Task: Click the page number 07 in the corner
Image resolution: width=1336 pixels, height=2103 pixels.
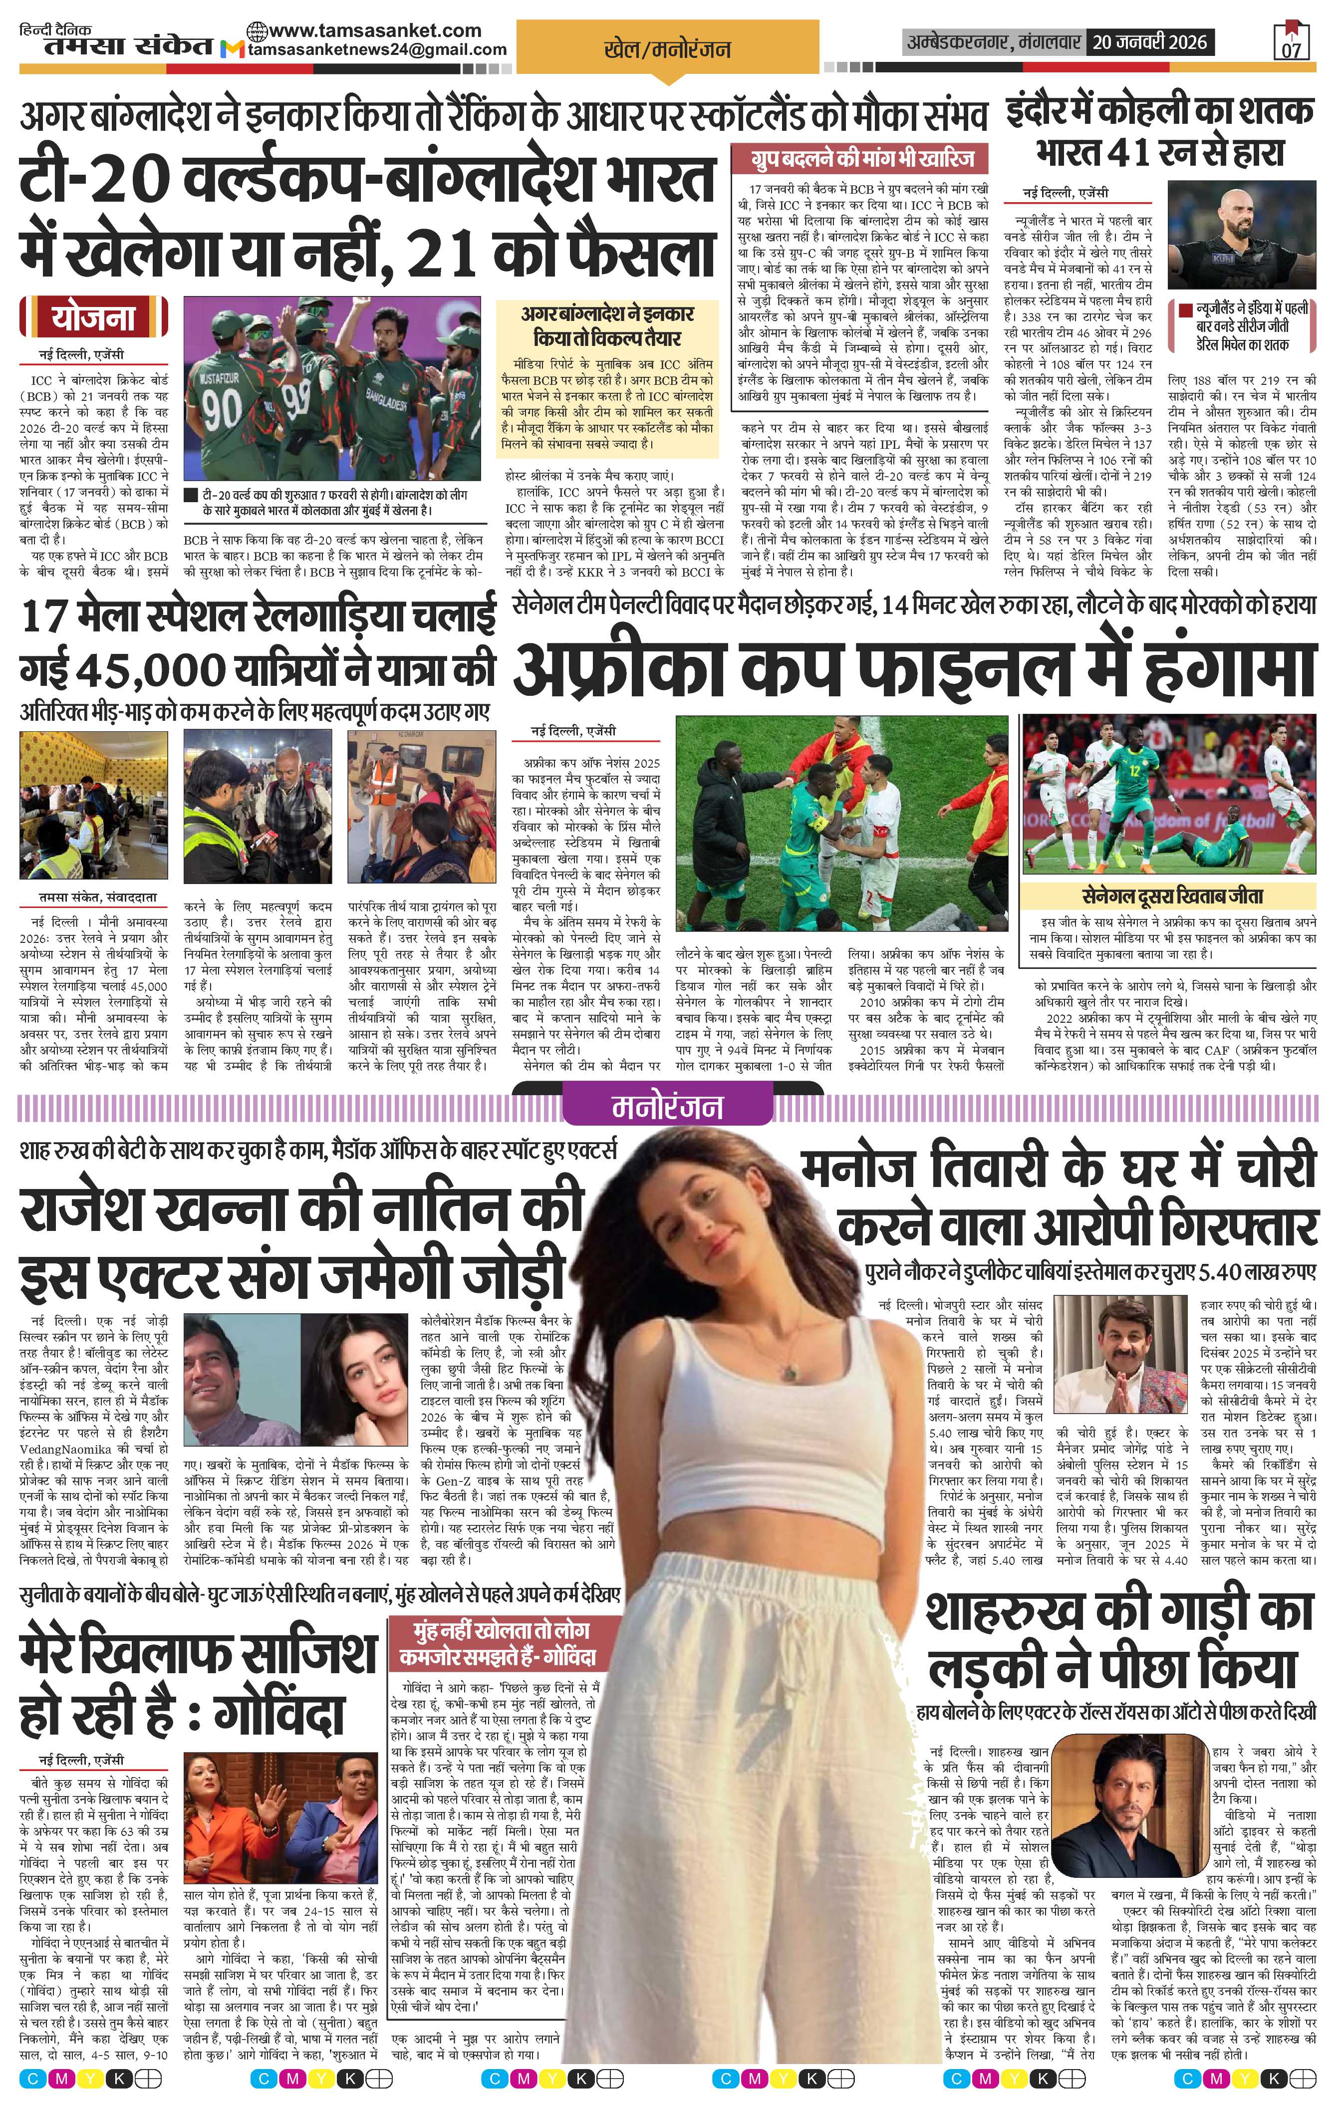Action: [x=1291, y=50]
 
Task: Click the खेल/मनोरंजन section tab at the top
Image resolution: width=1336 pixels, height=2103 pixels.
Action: [x=667, y=50]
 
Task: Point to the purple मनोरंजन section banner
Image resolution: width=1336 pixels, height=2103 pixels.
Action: [x=667, y=1107]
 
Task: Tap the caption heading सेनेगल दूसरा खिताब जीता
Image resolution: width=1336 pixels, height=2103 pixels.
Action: [x=1171, y=896]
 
